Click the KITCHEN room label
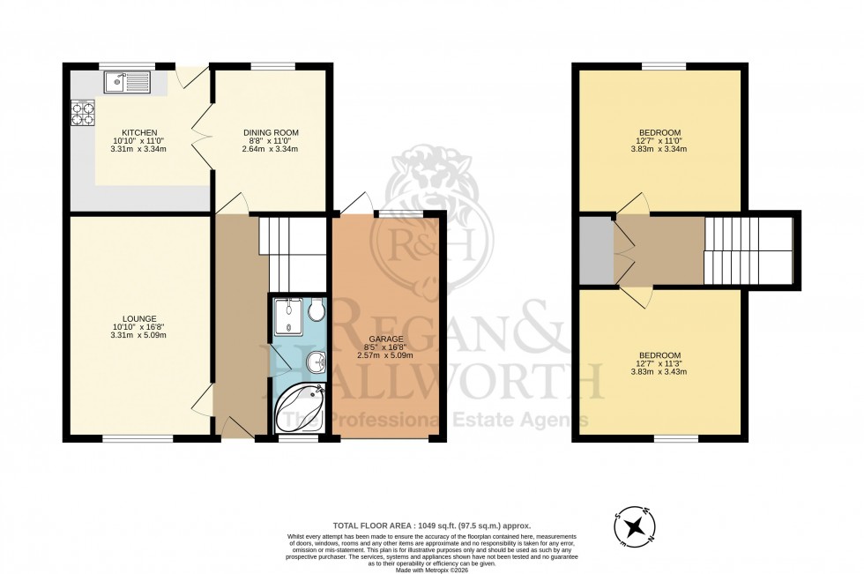tap(139, 132)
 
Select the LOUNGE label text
tap(140, 318)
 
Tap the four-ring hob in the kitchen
tap(83, 115)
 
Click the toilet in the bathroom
tap(317, 310)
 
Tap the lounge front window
tap(138, 437)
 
